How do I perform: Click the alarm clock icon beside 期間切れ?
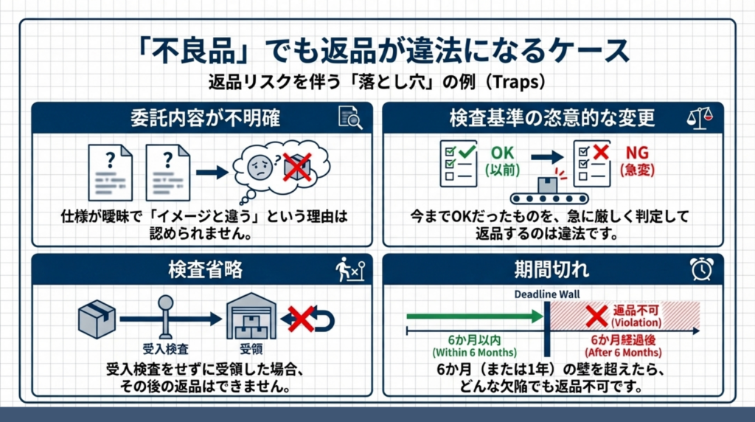pyautogui.click(x=702, y=269)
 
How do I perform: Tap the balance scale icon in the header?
pyautogui.click(x=700, y=118)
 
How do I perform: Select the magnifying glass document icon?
pyautogui.click(x=350, y=117)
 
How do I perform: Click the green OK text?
pyautogui.click(x=502, y=153)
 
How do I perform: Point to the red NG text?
pyautogui.click(x=637, y=153)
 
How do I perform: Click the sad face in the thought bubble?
pyautogui.click(x=260, y=167)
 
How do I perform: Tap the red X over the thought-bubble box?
pyautogui.click(x=297, y=167)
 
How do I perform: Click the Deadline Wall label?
pyautogui.click(x=547, y=294)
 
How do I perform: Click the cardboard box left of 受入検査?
pyautogui.click(x=97, y=319)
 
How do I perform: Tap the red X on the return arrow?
pyautogui.click(x=301, y=319)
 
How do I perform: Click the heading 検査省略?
pyautogui.click(x=206, y=269)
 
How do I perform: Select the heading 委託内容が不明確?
pyautogui.click(x=206, y=118)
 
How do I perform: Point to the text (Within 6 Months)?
pyautogui.click(x=475, y=353)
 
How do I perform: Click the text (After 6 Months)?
pyautogui.click(x=623, y=353)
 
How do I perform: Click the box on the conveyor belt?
pyautogui.click(x=548, y=185)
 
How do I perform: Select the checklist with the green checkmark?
pyautogui.click(x=459, y=163)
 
